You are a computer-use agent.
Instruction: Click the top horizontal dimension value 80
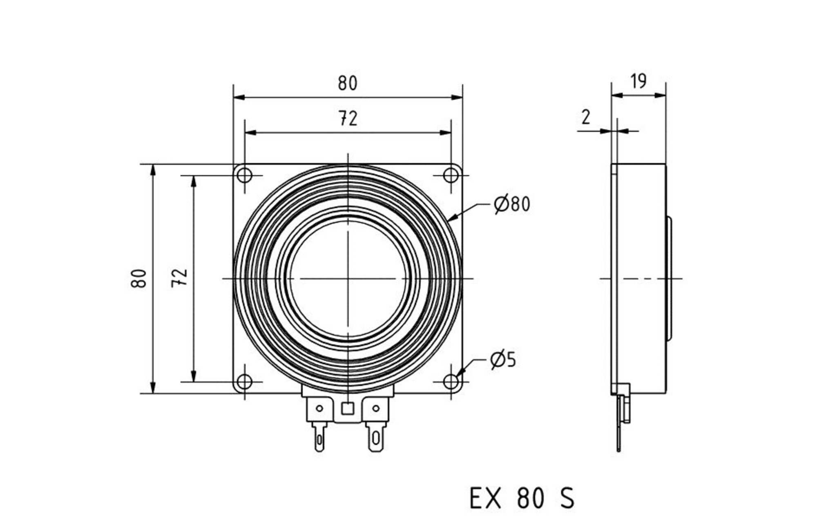347,83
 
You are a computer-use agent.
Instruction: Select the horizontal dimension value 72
348,119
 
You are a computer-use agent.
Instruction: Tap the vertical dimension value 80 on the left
140,279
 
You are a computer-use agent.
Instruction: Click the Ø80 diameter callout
511,204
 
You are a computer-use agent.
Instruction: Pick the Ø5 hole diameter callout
503,360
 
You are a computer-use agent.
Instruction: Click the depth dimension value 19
638,81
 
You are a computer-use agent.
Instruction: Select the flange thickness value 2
586,118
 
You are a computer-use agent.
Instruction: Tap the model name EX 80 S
522,498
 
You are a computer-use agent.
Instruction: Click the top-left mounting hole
245,176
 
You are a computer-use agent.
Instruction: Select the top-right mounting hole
451,176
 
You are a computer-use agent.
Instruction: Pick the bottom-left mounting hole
245,382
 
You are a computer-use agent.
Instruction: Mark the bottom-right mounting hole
451,382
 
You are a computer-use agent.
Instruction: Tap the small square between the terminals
348,408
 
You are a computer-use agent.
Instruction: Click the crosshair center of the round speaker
348,279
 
